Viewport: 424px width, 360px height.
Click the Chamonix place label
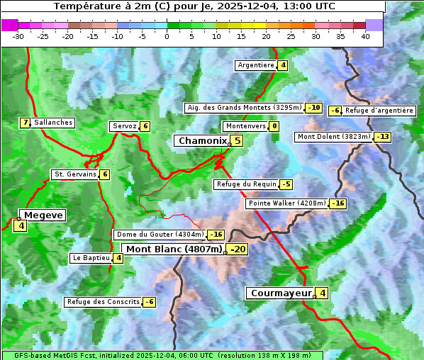pos(202,141)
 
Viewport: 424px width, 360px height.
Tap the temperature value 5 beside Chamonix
pos(238,141)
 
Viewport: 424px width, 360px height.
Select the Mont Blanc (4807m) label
pos(174,249)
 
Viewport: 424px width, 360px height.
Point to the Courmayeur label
pos(281,293)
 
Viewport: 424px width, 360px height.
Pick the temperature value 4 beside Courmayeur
pos(322,293)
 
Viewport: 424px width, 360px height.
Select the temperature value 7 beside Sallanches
pos(26,123)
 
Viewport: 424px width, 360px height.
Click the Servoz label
pos(124,126)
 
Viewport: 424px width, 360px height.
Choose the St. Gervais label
pos(75,174)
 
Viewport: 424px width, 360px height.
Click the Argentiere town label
pos(256,65)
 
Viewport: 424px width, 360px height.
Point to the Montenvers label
pos(245,126)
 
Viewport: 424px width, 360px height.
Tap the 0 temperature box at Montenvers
pos(274,126)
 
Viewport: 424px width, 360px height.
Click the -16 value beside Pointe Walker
pos(337,203)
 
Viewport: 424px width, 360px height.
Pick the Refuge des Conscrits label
pos(103,302)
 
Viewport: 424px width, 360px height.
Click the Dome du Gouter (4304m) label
pos(160,235)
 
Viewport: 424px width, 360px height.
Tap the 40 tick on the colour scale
pos(365,36)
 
